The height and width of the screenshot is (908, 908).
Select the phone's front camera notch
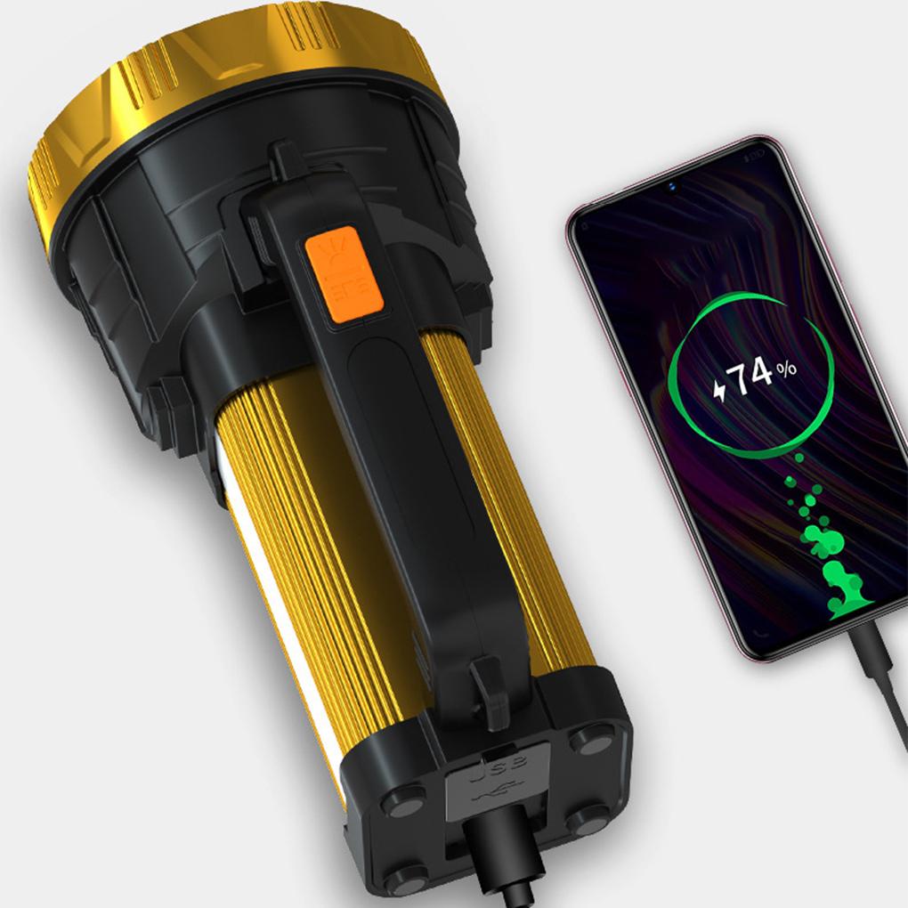coord(669,186)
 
